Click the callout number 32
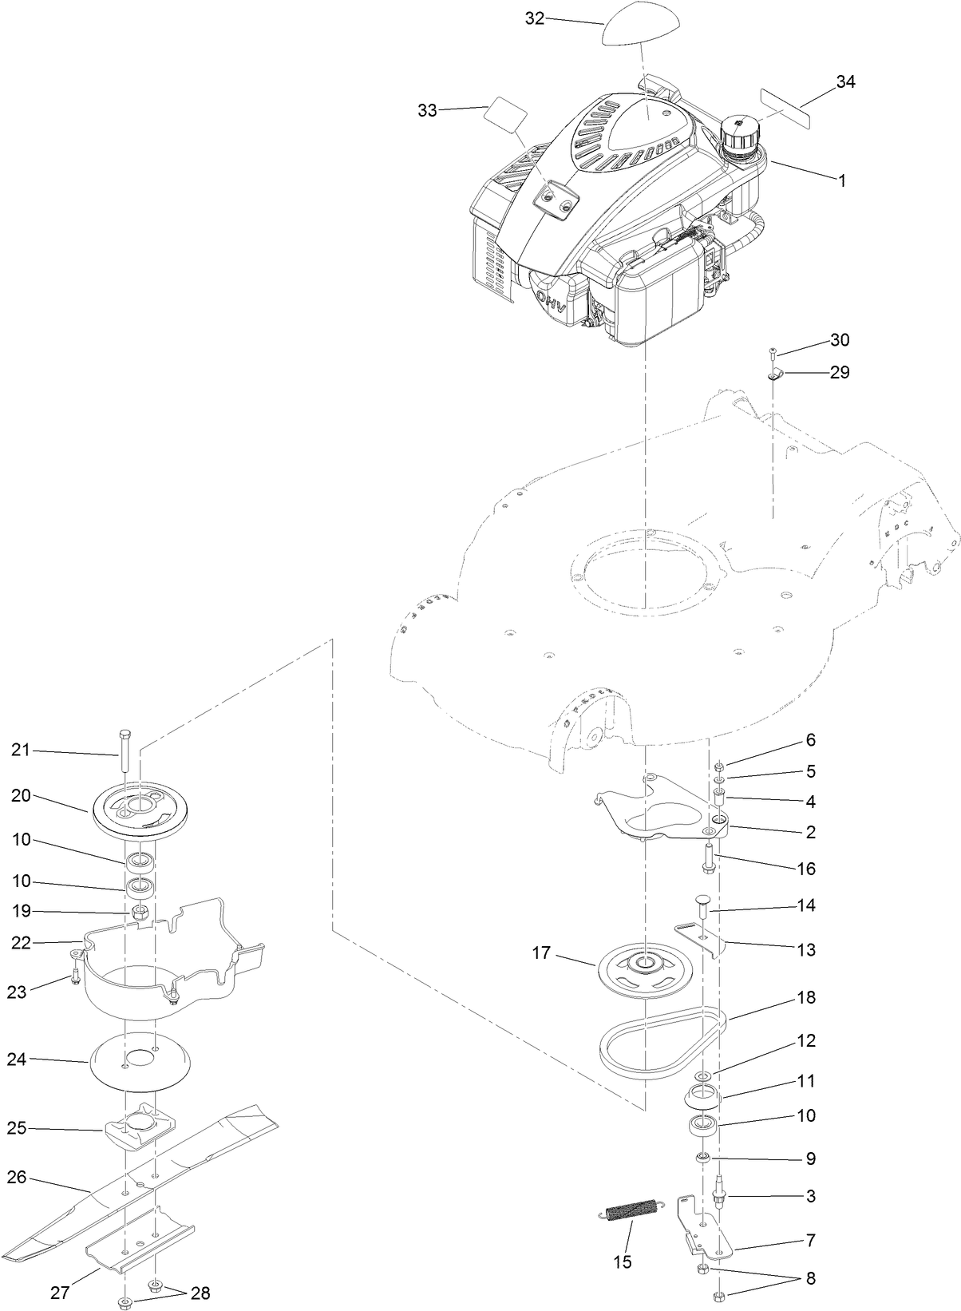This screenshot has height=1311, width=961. (534, 18)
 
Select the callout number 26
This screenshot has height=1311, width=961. (17, 1177)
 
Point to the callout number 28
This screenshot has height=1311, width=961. (200, 1293)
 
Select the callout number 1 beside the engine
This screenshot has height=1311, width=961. (840, 180)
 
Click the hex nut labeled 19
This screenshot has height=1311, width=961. (140, 912)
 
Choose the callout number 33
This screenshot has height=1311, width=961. (428, 110)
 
